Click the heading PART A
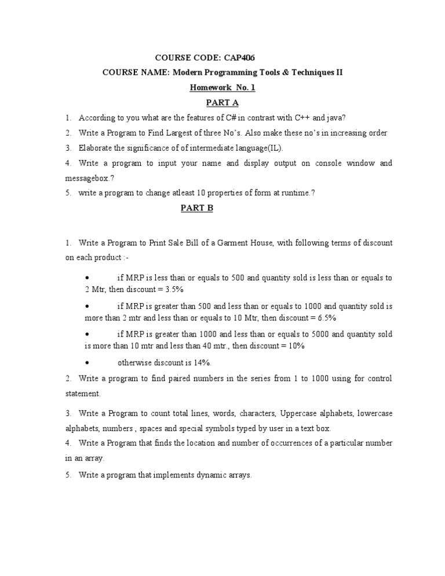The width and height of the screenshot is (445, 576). (x=222, y=103)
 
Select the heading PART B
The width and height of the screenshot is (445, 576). (x=197, y=209)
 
